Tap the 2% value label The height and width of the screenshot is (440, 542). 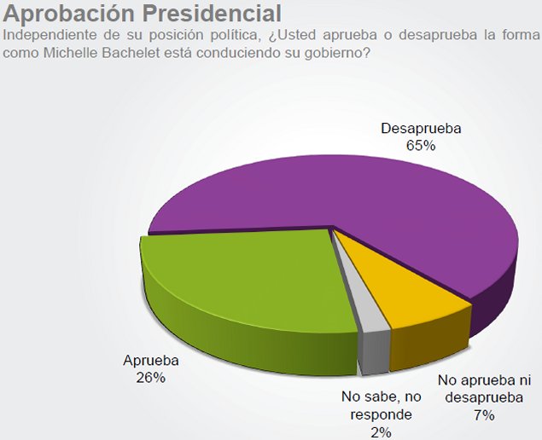(x=381, y=431)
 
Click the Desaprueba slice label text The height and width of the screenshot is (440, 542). (x=421, y=129)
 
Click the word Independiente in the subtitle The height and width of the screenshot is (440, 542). (x=48, y=35)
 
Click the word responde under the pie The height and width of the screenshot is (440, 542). (x=382, y=414)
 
